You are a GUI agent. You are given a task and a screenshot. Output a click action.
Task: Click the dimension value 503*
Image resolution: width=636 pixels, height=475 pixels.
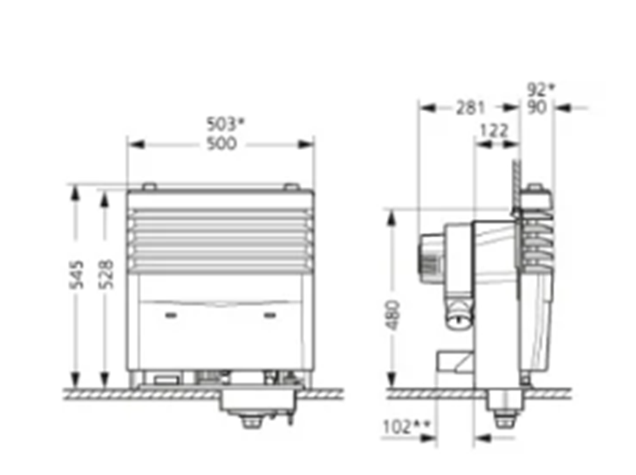click(x=226, y=124)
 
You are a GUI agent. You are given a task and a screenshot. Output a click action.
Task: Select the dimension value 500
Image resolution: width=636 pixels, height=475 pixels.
click(x=221, y=143)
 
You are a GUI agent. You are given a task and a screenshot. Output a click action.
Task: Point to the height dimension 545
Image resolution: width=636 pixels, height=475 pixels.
click(x=76, y=274)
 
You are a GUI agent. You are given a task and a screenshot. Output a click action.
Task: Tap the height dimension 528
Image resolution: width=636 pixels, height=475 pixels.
click(x=106, y=274)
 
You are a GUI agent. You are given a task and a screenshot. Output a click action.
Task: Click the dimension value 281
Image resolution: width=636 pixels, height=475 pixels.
click(x=470, y=108)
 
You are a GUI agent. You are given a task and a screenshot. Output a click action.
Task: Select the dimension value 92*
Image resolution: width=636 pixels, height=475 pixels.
click(x=541, y=89)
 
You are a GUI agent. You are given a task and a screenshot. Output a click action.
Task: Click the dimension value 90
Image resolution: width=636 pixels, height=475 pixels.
click(x=536, y=107)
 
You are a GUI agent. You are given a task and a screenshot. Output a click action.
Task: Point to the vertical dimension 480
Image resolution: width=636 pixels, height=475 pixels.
click(x=393, y=315)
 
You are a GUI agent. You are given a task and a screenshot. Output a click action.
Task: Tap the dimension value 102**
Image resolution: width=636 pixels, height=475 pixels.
click(x=406, y=426)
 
